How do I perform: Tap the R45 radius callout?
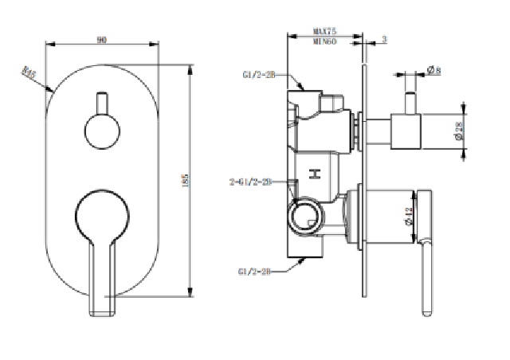(x=30, y=74)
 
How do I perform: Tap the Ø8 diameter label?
(x=434, y=71)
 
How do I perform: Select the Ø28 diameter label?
(x=460, y=132)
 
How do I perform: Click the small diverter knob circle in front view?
(x=102, y=131)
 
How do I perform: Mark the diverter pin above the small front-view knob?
(x=102, y=103)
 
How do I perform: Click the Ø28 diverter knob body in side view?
(x=404, y=131)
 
